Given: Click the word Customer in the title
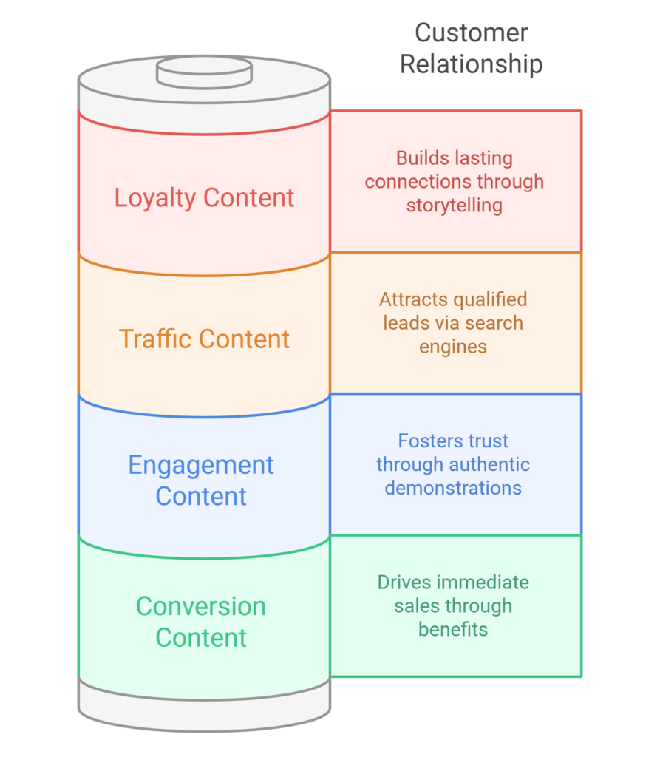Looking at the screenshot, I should click(x=471, y=33).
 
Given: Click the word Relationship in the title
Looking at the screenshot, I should click(x=471, y=64).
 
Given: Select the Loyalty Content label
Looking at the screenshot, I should click(x=204, y=197).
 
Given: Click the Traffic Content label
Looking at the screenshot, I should click(x=204, y=339).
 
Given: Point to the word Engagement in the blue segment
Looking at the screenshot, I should click(x=201, y=465).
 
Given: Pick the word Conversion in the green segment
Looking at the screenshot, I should click(x=201, y=606).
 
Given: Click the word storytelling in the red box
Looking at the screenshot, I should click(x=454, y=205).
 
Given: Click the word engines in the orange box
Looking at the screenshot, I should click(x=453, y=347).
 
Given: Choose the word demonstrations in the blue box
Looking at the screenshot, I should click(x=453, y=488).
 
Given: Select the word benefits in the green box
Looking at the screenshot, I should click(x=453, y=630).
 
